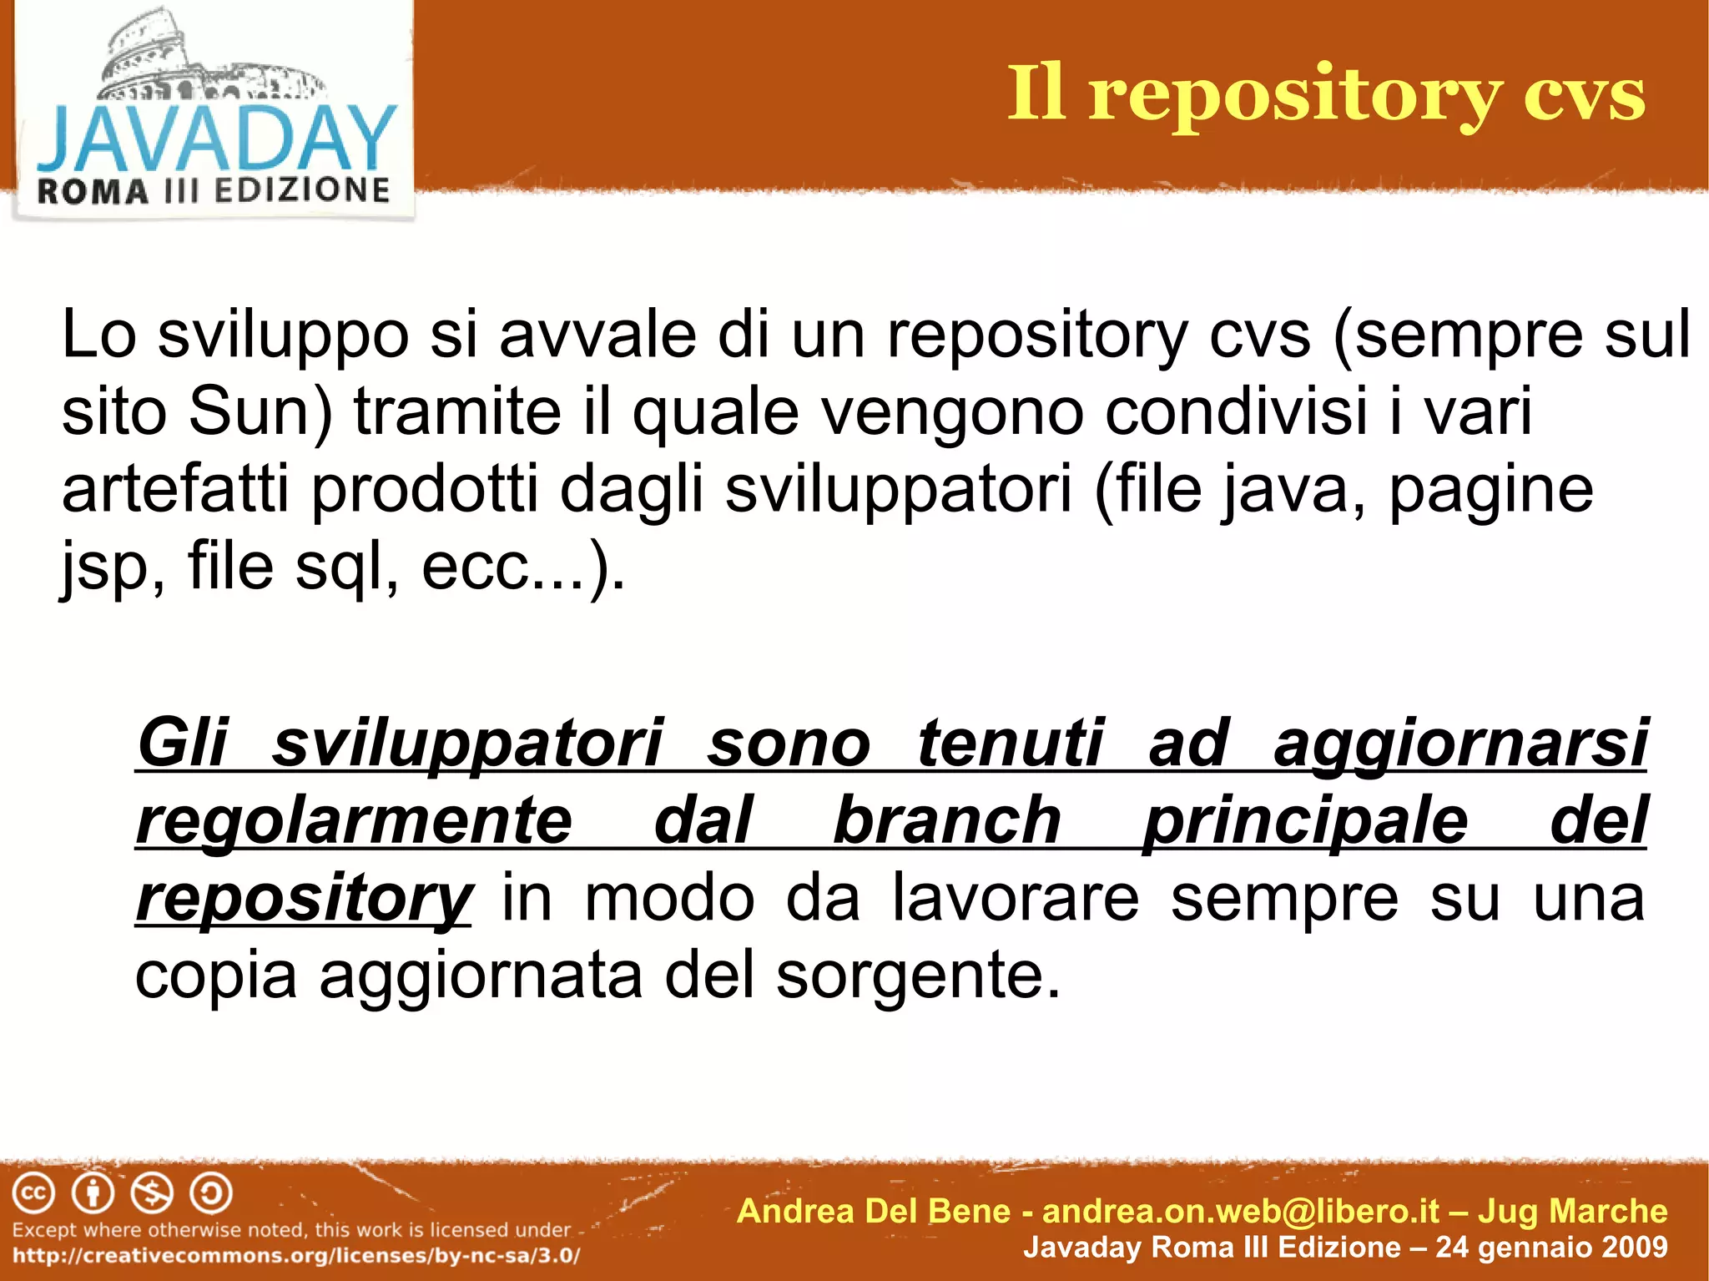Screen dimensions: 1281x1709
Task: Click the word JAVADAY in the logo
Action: point(215,139)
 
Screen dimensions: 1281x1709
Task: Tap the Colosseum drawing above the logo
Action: point(209,58)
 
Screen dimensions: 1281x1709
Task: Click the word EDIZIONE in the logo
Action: point(302,190)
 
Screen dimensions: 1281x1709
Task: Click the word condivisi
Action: point(1236,411)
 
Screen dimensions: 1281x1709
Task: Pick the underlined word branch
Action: point(947,820)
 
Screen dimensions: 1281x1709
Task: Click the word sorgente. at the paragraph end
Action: point(918,976)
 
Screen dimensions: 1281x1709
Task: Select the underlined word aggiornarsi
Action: point(1460,744)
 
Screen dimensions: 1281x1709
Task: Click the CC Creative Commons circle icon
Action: point(34,1193)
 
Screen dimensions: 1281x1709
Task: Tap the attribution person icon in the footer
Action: point(93,1193)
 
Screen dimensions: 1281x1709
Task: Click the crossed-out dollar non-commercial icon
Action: point(153,1193)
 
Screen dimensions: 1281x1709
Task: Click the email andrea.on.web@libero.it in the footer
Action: point(1242,1211)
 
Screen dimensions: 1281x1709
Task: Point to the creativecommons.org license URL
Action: point(296,1256)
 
